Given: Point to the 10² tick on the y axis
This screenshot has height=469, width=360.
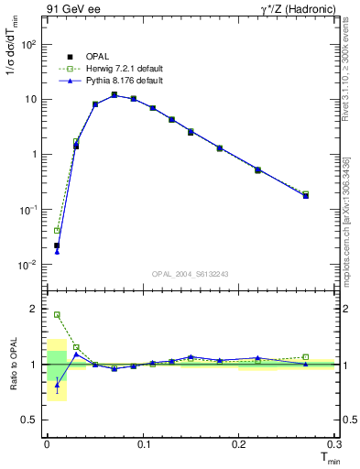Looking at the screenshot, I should pyautogui.click(x=29, y=44).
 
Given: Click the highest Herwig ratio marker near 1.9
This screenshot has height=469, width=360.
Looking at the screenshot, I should pyautogui.click(x=57, y=315).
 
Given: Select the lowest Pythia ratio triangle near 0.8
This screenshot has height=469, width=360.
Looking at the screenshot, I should pyautogui.click(x=57, y=386).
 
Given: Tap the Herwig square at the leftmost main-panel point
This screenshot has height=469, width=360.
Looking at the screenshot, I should pyautogui.click(x=57, y=231).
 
